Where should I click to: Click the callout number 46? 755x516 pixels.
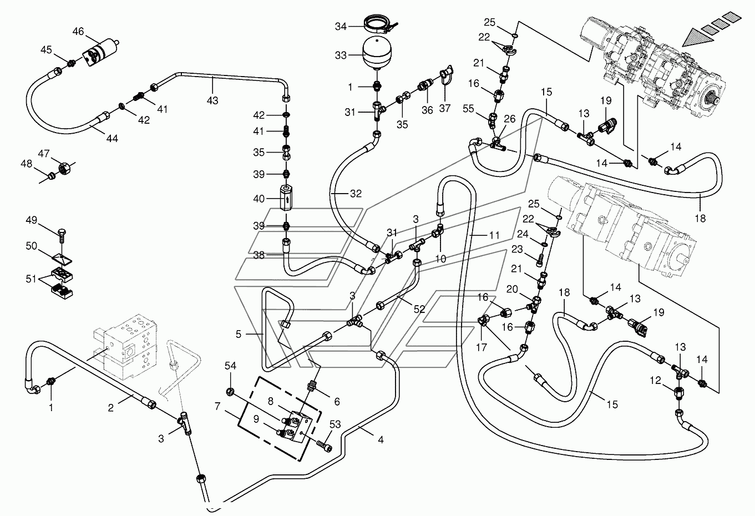pos(78,32)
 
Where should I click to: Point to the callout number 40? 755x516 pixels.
pos(259,199)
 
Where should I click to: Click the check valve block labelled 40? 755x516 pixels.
pos(286,198)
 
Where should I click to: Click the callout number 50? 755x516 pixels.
pos(32,246)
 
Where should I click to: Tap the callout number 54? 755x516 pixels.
pos(231,366)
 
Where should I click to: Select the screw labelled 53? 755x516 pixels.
pos(325,446)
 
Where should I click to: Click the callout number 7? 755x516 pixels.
pos(217,406)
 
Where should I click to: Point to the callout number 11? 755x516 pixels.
pos(494,235)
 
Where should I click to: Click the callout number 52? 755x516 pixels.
pos(419,308)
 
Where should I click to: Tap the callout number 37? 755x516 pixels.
pos(444,108)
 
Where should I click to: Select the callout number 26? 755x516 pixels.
pos(510,119)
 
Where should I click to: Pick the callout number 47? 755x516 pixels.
pos(43,154)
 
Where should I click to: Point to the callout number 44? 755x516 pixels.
pos(112,139)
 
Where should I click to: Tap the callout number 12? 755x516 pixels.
pos(655,381)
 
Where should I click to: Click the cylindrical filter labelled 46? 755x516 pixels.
pos(100,53)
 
